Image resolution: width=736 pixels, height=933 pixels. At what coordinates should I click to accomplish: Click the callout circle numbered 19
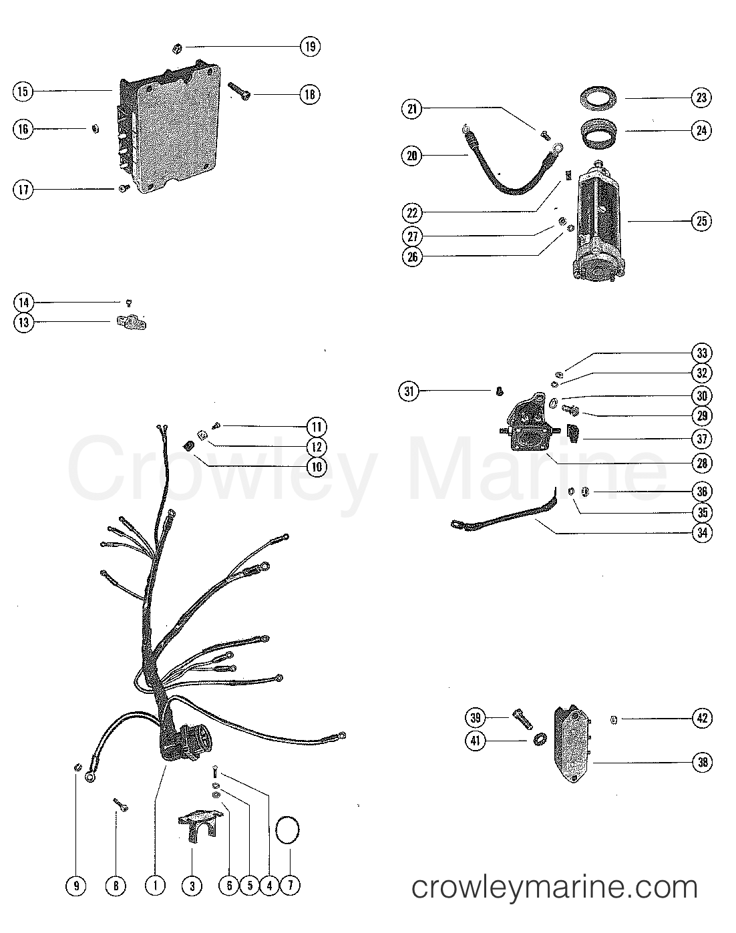(x=310, y=46)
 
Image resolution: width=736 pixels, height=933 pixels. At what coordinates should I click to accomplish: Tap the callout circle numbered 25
(x=701, y=221)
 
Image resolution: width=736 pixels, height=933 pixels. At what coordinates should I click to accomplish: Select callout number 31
(x=409, y=391)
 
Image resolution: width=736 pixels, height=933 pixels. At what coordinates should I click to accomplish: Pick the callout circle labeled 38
(x=702, y=762)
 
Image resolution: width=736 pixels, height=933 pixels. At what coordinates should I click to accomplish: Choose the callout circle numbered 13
(x=23, y=322)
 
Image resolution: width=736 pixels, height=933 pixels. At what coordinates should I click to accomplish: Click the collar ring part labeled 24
(x=598, y=130)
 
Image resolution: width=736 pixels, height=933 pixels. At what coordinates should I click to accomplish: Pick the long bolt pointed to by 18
(x=239, y=91)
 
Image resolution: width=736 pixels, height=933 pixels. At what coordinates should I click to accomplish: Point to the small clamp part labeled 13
(x=132, y=323)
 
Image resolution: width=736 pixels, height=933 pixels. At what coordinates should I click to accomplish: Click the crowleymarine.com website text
(x=554, y=887)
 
